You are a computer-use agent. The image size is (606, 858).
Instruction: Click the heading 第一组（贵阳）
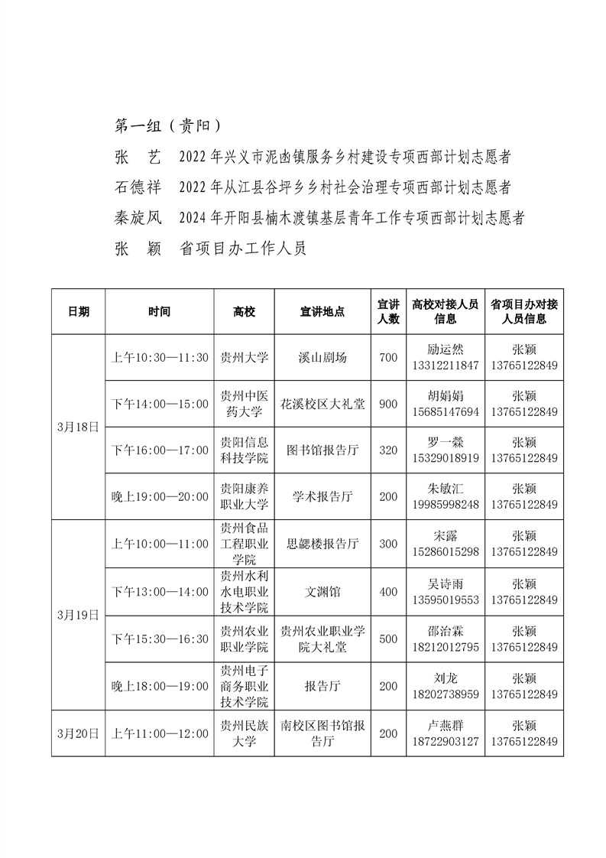(x=167, y=125)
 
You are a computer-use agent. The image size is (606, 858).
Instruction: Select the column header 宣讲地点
(x=322, y=312)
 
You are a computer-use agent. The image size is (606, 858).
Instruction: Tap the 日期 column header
(x=78, y=312)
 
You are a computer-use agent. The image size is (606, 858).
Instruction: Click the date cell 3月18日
(x=78, y=427)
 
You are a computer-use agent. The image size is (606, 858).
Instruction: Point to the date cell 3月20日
(x=78, y=733)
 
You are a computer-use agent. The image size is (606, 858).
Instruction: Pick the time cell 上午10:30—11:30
(x=160, y=358)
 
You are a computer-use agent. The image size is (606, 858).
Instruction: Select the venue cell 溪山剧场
(x=322, y=358)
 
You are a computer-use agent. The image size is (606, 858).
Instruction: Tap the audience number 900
(x=388, y=404)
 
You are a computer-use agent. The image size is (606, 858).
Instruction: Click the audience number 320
(x=388, y=450)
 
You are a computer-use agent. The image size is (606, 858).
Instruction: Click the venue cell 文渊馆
(x=322, y=591)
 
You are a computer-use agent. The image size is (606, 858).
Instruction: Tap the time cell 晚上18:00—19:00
(x=160, y=686)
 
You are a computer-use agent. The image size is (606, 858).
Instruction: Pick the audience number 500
(x=388, y=639)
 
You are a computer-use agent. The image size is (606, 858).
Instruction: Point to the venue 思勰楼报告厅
(x=322, y=544)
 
